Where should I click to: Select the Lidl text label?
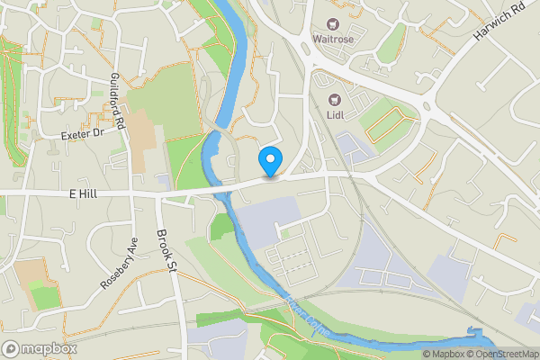click(336, 115)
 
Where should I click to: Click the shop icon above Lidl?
click(336, 99)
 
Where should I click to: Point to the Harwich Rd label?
click(498, 27)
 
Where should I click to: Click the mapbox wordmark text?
click(49, 348)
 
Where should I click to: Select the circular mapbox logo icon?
click(12, 348)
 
